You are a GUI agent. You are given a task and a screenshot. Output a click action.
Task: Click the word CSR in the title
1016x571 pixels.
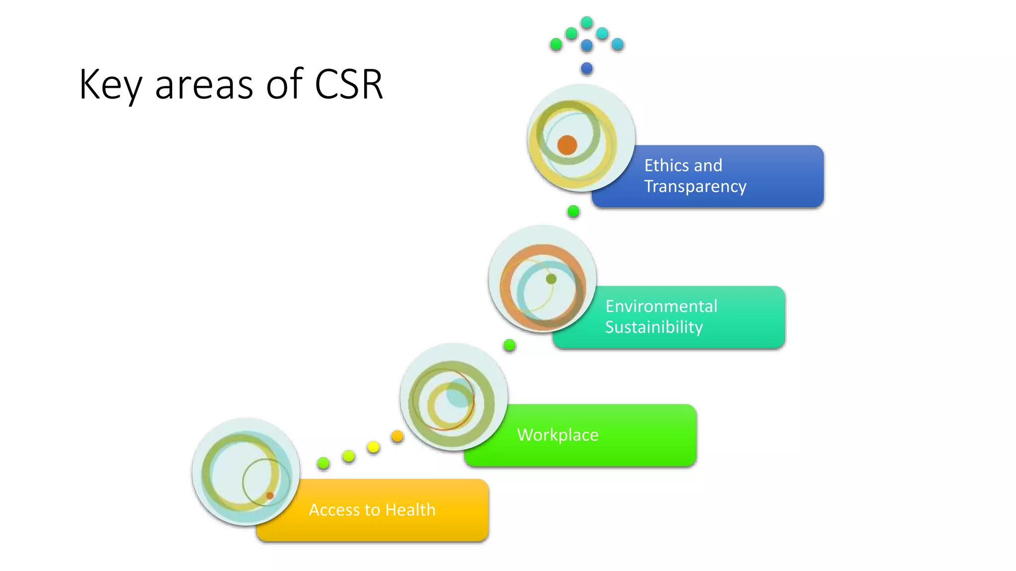pyautogui.click(x=349, y=85)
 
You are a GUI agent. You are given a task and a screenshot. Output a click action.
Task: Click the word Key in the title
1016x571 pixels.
pyautogui.click(x=110, y=85)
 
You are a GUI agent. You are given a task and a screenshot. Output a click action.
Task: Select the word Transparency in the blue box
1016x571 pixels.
pyautogui.click(x=695, y=186)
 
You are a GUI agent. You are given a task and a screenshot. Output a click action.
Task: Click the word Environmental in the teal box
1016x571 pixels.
pyautogui.click(x=661, y=306)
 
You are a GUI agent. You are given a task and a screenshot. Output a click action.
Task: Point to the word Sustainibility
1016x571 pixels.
pyautogui.click(x=653, y=327)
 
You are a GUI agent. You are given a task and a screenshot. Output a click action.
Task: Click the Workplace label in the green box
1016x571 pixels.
pyautogui.click(x=558, y=435)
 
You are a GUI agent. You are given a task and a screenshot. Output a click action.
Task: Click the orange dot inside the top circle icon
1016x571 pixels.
pyautogui.click(x=567, y=145)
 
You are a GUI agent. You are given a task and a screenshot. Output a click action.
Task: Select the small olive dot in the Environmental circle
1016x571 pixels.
pyautogui.click(x=551, y=279)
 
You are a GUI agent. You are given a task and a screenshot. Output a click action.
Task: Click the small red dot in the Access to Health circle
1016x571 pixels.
pyautogui.click(x=270, y=496)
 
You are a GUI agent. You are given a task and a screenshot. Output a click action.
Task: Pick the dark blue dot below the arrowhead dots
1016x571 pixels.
pyautogui.click(x=587, y=68)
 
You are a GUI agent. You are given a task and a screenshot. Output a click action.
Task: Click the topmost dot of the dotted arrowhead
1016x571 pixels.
pyautogui.click(x=587, y=22)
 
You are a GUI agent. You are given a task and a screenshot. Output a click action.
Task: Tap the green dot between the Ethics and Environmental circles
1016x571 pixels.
pyautogui.click(x=573, y=212)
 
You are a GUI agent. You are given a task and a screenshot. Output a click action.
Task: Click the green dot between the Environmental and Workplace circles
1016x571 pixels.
pyautogui.click(x=509, y=345)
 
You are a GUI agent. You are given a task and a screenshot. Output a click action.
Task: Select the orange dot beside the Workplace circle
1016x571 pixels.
pyautogui.click(x=397, y=436)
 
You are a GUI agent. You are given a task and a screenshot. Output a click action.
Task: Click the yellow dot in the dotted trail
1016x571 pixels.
pyautogui.click(x=374, y=447)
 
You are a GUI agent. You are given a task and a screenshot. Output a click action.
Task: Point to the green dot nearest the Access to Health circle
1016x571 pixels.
pyautogui.click(x=323, y=463)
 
